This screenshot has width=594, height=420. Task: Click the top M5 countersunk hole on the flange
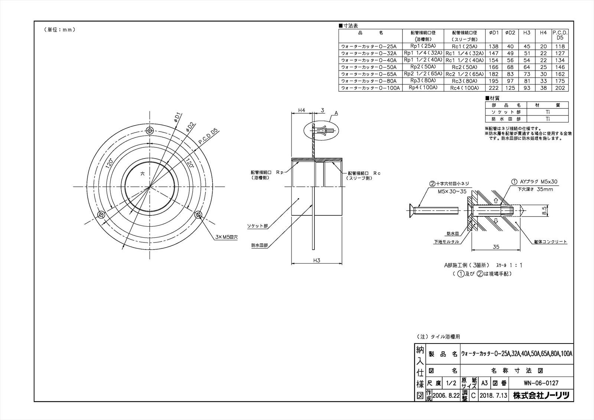pyautogui.click(x=150, y=131)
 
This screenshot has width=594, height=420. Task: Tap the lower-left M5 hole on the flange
pyautogui.click(x=101, y=215)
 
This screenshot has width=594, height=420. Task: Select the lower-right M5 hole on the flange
pyautogui.click(x=198, y=215)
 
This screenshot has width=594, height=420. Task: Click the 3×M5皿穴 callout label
pyautogui.click(x=228, y=237)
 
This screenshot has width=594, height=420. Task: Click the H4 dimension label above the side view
pyautogui.click(x=301, y=110)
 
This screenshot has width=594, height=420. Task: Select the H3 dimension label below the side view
pyautogui.click(x=317, y=260)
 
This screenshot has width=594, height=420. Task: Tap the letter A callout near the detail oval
pyautogui.click(x=336, y=112)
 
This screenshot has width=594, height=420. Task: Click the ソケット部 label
pyautogui.click(x=257, y=225)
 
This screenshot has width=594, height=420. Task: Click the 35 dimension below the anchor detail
pyautogui.click(x=496, y=246)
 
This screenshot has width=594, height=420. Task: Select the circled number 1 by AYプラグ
pyautogui.click(x=514, y=182)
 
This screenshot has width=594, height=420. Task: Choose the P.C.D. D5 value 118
pyautogui.click(x=560, y=46)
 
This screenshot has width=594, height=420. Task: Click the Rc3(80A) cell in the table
pyautogui.click(x=464, y=81)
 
